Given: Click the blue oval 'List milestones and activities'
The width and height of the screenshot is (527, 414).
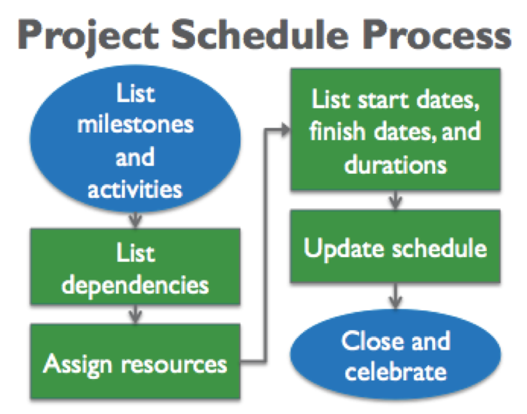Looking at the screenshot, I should point(135,143).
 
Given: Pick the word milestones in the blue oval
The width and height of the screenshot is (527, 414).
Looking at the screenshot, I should point(135,123).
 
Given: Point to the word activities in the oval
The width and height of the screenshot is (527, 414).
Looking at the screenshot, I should point(135,190).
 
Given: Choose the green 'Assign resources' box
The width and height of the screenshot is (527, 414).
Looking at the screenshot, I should point(135,362).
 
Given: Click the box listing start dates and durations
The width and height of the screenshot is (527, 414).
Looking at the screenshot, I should point(396,130).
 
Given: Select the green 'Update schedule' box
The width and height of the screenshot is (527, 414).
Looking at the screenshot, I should point(396,248).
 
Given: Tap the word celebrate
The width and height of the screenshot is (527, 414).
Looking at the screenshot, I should point(396,372).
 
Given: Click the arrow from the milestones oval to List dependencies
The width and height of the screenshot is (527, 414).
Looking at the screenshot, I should point(135,218).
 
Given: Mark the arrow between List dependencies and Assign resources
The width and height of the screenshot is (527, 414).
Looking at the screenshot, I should point(135,315).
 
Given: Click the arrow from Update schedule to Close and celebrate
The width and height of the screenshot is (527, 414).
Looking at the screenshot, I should point(396,296).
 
